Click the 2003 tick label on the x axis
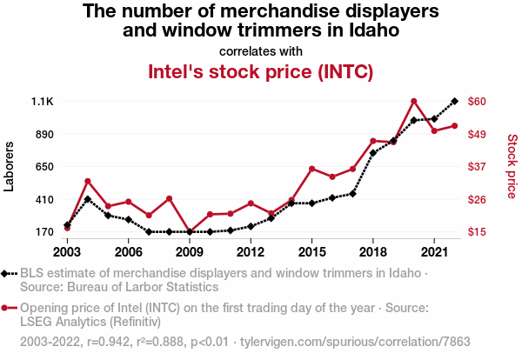coord(67,251)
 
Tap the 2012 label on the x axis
coord(250,251)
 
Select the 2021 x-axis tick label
coord(434,251)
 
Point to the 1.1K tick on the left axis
coord(43,102)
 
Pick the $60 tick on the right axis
coord(477,102)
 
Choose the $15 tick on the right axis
coord(477,232)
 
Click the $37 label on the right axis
coord(477,167)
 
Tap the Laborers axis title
coord(10,167)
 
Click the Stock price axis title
coord(512,165)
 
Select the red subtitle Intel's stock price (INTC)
coord(261,71)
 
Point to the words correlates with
coord(261,50)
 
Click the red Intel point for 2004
coord(88,181)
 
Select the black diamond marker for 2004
coord(88,199)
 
